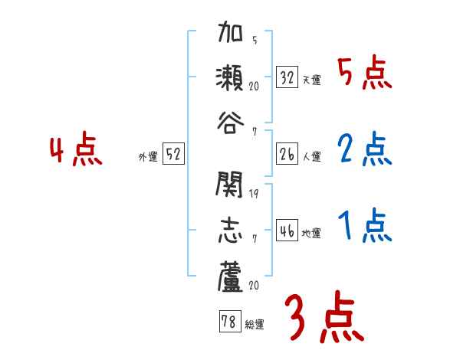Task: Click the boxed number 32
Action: pyautogui.click(x=287, y=77)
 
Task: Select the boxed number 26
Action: pyautogui.click(x=287, y=154)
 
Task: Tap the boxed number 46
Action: pyautogui.click(x=287, y=231)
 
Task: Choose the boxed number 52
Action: pyautogui.click(x=174, y=154)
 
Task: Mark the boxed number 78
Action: pyautogui.click(x=228, y=322)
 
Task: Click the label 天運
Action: pyautogui.click(x=311, y=80)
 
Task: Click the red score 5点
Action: pyautogui.click(x=363, y=74)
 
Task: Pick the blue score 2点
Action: pyautogui.click(x=363, y=150)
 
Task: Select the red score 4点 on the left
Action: pyautogui.click(x=76, y=150)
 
